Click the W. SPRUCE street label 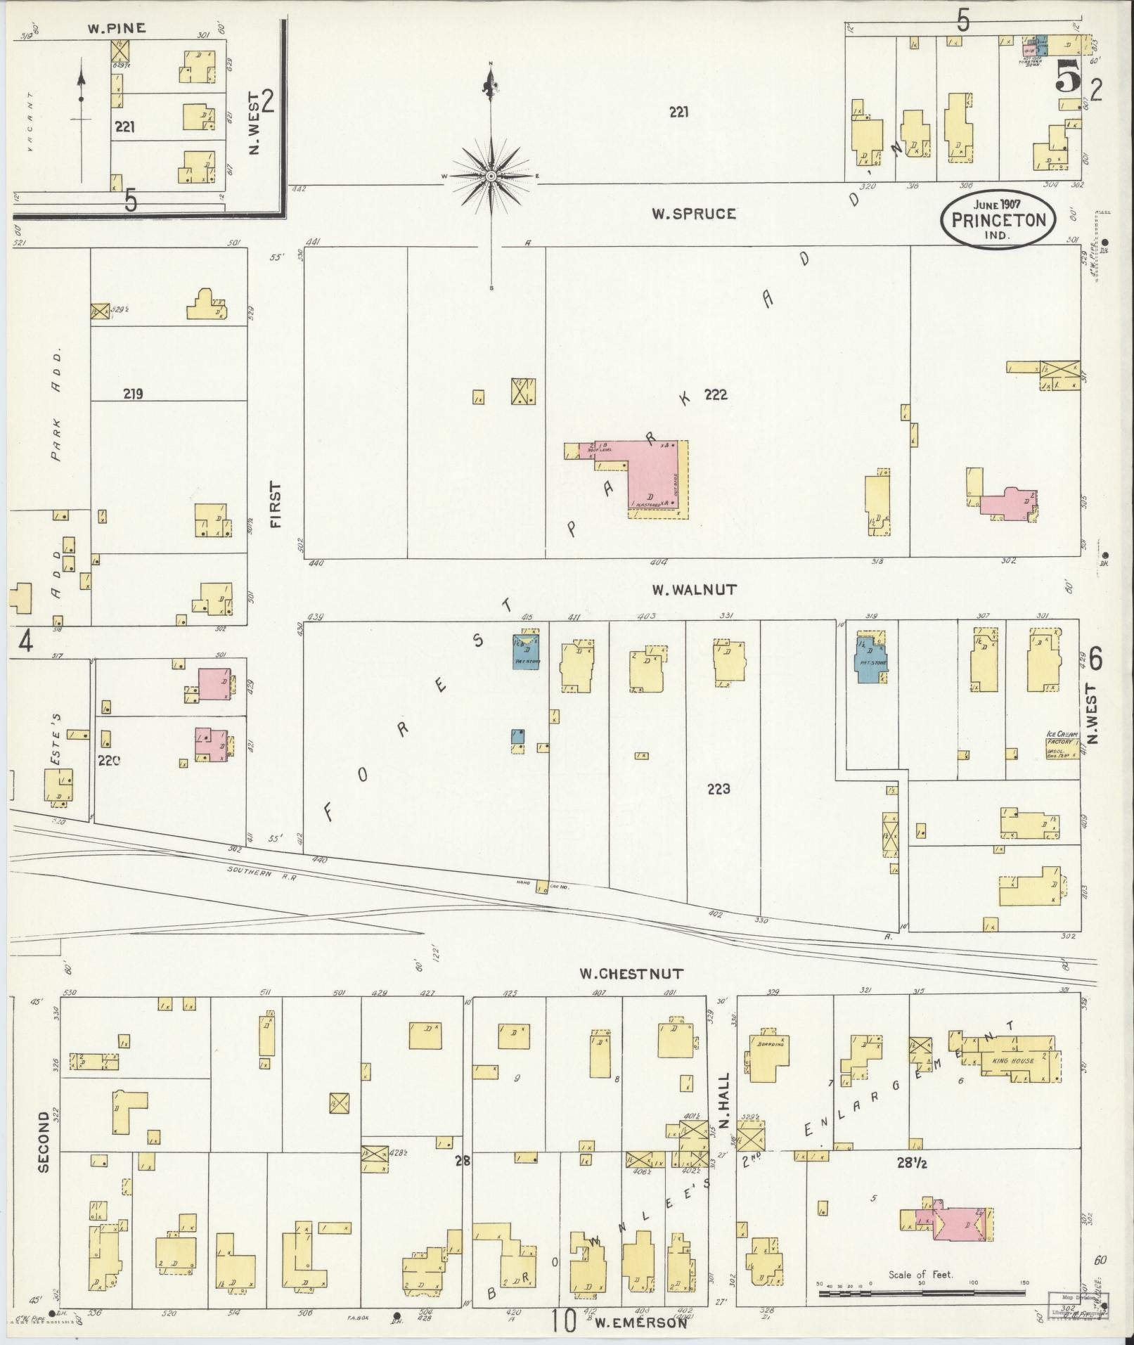[693, 214]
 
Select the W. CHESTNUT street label [631, 974]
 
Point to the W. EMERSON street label [640, 1323]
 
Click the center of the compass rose [491, 175]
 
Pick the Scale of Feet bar [921, 1292]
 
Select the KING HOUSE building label [1012, 1060]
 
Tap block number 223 [719, 790]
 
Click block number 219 [132, 394]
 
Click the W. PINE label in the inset [117, 28]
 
